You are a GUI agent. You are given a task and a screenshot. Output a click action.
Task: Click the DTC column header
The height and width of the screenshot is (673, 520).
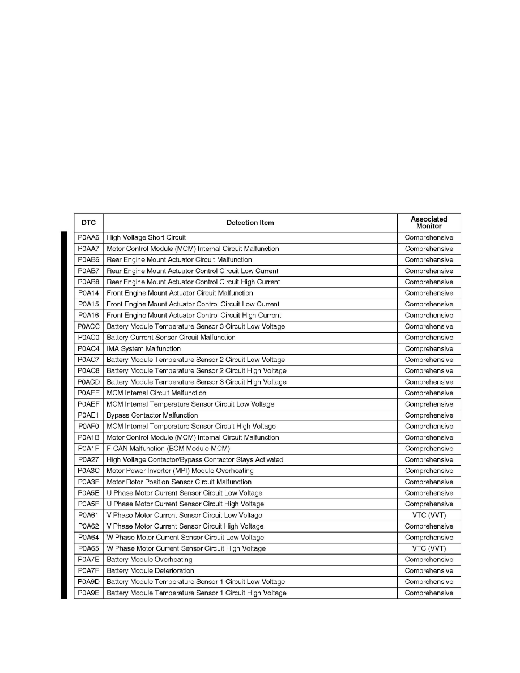[88, 223]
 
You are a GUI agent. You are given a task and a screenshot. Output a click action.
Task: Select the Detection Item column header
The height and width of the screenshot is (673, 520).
[250, 223]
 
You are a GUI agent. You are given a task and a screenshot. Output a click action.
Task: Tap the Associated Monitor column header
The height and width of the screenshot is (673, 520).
[429, 223]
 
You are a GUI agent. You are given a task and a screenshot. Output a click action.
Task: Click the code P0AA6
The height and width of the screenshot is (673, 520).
[88, 238]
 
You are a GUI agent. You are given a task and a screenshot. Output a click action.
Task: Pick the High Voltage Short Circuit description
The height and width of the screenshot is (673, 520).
[146, 238]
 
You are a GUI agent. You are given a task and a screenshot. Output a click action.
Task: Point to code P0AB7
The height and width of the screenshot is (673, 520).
[88, 271]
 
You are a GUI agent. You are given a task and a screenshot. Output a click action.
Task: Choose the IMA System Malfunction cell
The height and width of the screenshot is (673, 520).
[144, 349]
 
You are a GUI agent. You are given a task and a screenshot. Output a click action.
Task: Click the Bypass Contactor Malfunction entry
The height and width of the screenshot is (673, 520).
[152, 415]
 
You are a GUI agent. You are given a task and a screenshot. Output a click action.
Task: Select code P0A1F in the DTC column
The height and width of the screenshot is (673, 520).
[88, 449]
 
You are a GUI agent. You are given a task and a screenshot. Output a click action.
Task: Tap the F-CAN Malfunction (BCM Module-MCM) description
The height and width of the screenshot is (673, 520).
[168, 449]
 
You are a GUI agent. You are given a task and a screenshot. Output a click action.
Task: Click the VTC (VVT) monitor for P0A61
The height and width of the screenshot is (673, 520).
[429, 516]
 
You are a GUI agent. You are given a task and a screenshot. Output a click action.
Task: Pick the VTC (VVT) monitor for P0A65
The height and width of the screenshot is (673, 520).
[429, 548]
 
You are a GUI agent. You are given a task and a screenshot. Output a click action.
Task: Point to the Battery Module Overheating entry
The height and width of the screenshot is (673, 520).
[150, 560]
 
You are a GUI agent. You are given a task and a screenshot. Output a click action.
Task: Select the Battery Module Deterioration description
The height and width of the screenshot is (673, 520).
[150, 571]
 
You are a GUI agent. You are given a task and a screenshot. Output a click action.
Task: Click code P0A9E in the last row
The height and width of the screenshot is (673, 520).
[88, 593]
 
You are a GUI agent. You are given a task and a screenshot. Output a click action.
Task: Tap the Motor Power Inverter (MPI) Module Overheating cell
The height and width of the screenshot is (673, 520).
[180, 471]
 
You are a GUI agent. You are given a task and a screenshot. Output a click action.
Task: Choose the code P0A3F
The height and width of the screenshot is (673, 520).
[88, 482]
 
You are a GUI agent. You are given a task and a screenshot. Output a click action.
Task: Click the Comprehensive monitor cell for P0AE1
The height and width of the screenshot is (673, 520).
[429, 415]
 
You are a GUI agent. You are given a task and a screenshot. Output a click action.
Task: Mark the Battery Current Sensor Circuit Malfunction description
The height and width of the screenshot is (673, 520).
[171, 338]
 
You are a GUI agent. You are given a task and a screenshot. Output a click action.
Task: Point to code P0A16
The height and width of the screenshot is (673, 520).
[88, 316]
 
